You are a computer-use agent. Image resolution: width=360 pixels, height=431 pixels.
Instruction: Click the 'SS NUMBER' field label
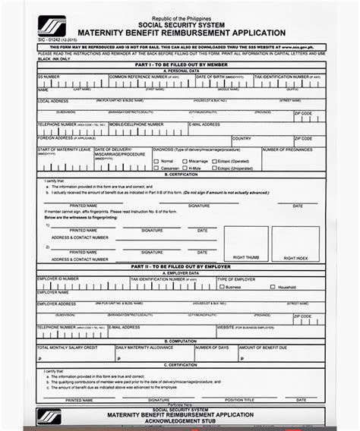[x=48, y=77]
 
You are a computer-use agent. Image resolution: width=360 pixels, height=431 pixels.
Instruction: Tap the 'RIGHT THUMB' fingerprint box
[x=244, y=243]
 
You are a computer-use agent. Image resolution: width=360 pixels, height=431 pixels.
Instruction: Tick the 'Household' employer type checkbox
[x=274, y=287]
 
